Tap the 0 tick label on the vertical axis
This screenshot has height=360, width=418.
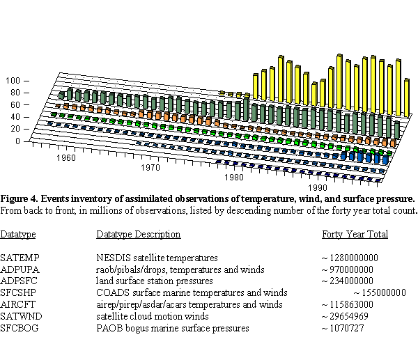[19, 141]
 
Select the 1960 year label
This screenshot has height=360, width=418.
[66, 158]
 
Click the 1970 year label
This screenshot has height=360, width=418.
[150, 169]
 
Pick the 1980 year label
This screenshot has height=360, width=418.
[235, 178]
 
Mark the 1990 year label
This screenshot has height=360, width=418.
[318, 188]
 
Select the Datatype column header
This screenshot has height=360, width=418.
[18, 235]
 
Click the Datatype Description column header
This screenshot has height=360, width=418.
[139, 235]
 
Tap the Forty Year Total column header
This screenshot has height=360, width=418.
[355, 235]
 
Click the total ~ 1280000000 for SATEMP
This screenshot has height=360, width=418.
[350, 258]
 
